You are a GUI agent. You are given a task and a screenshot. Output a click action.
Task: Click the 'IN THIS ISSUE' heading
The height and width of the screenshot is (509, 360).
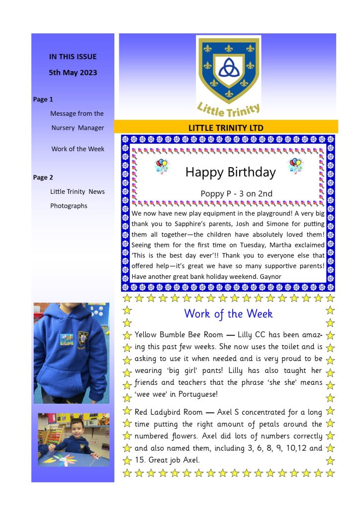73,57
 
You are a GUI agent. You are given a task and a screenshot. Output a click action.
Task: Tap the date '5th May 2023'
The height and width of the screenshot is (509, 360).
73,73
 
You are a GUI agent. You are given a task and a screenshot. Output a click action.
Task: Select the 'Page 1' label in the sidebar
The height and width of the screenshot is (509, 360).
43,99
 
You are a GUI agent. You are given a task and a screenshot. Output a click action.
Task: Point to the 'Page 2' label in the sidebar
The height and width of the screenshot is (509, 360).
43,177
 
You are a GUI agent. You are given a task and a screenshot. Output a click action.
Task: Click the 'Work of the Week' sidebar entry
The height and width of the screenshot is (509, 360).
78,149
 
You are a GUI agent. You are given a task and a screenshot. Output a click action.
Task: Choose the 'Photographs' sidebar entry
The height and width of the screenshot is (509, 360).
69,206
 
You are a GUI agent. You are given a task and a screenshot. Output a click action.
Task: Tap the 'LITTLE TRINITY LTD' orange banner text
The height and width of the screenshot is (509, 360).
226,128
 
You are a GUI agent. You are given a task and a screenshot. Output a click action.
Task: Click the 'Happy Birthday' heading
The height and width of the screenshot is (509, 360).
230,172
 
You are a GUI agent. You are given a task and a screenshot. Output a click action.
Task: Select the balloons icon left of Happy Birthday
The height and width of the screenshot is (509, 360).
162,166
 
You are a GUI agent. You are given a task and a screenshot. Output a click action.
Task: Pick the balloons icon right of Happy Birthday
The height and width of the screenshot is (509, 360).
295,166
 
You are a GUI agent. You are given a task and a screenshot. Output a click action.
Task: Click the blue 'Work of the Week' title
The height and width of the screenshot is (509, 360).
228,314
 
